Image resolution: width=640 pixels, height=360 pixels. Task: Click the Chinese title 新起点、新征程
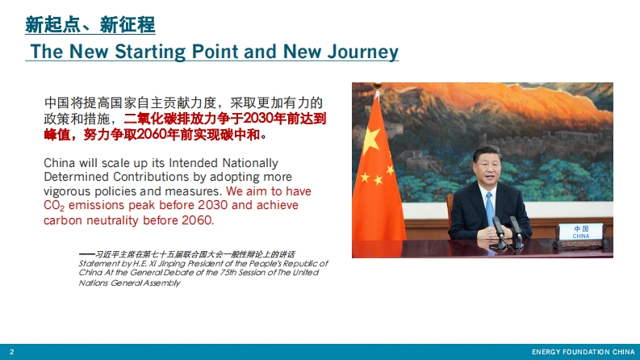click(x=90, y=25)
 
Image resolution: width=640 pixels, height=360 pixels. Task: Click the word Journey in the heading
click(x=363, y=52)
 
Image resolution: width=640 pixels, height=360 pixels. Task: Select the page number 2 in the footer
click(x=11, y=352)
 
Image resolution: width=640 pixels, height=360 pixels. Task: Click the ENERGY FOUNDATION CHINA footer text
click(x=584, y=352)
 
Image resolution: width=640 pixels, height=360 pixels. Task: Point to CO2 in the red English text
click(x=54, y=205)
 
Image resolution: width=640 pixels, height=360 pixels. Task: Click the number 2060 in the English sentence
click(x=198, y=220)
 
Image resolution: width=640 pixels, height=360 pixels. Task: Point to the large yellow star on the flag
click(x=370, y=140)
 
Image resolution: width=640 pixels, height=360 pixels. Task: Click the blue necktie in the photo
click(x=489, y=208)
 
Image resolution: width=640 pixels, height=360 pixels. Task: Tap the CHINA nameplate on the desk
click(x=581, y=232)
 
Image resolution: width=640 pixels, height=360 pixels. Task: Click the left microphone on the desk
click(x=499, y=232)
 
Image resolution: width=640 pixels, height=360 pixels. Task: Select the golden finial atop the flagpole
click(x=378, y=86)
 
